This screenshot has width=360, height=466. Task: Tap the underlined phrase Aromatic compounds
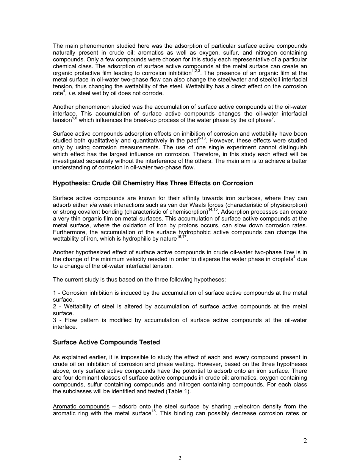click(x=81, y=407)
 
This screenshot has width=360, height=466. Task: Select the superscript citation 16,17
click(x=182, y=237)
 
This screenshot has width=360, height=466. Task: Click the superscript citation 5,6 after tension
click(x=75, y=119)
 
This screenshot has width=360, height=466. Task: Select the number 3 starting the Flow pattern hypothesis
click(x=55, y=321)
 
